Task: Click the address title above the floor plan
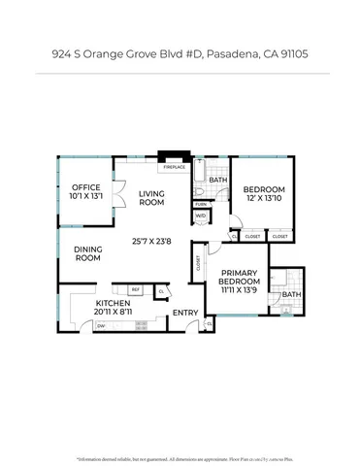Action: pos(180,56)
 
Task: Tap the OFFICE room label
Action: pos(82,188)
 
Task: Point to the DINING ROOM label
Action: pos(88,253)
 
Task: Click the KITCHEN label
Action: pos(113,304)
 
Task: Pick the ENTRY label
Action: pos(184,313)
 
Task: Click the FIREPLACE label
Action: pos(174,167)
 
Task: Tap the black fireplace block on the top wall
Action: pos(173,156)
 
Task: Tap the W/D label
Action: pos(200,216)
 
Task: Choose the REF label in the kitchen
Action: pos(136,289)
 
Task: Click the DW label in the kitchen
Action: pos(101,326)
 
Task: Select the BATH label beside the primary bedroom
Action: pos(292,294)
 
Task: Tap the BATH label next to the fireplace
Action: pos(218,180)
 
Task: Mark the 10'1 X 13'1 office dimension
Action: pos(82,198)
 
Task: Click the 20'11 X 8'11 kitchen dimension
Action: pos(113,313)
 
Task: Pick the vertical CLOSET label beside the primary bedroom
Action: pos(198,260)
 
